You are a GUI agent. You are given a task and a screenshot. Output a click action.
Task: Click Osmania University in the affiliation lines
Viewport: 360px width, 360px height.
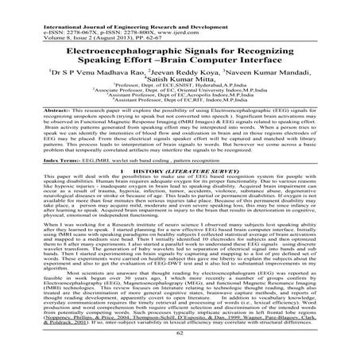tap(198, 93)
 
